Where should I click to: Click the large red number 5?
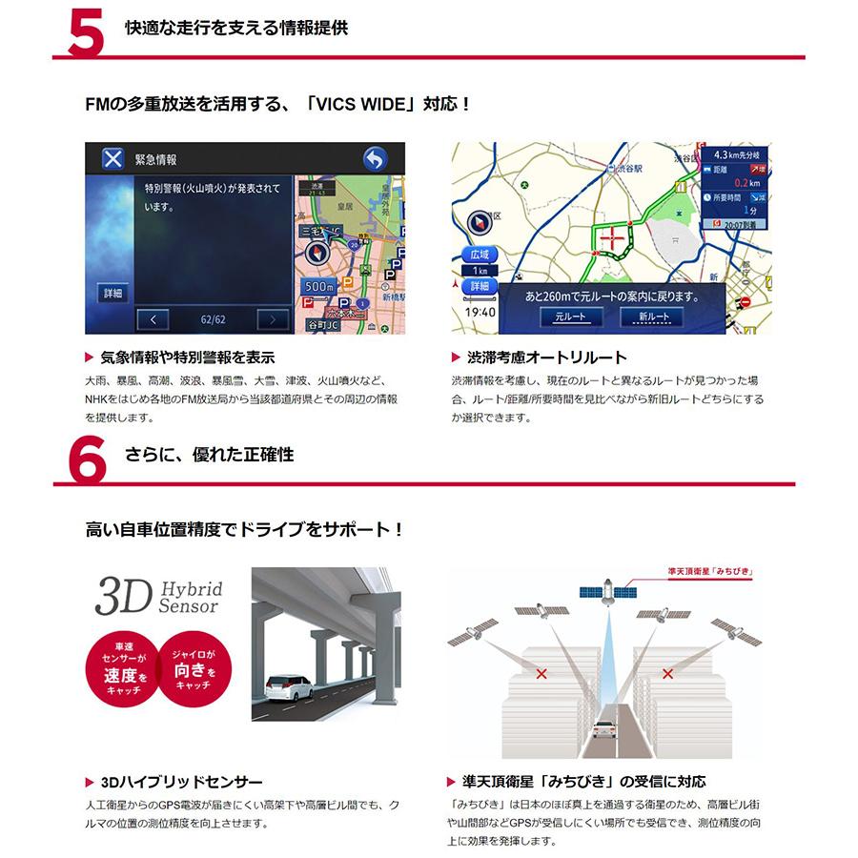(87, 30)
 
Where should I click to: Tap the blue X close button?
(112, 159)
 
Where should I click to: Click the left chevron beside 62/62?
(153, 319)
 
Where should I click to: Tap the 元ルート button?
(571, 317)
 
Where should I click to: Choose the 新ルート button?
(653, 317)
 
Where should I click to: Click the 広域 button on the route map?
(479, 255)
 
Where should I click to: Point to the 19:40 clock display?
(480, 311)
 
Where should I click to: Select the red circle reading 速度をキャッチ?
(118, 667)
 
